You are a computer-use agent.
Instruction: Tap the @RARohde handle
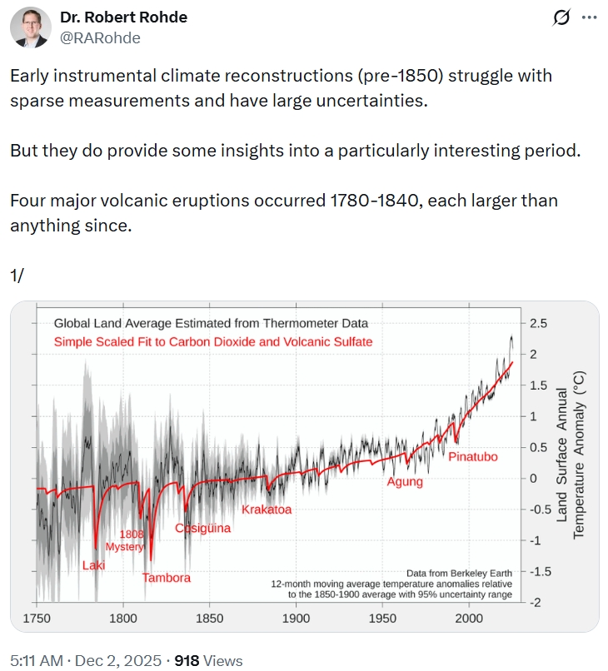tap(100, 37)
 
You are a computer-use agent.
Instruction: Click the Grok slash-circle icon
tap(561, 17)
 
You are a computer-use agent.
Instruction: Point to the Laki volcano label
tap(93, 566)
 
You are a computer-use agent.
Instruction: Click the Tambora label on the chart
tap(166, 578)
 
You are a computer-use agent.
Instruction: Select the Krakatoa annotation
tap(267, 509)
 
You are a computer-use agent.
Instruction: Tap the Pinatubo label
tap(474, 457)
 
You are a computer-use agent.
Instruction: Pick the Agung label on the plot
tap(405, 482)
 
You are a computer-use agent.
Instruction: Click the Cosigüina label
tap(202, 528)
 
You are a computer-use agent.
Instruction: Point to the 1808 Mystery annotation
tap(125, 540)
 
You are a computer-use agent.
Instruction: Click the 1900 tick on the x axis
tap(296, 619)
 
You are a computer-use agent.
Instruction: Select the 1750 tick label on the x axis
tap(37, 619)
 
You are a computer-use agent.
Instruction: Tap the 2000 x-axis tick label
tap(469, 619)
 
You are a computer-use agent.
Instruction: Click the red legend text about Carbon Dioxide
tap(213, 341)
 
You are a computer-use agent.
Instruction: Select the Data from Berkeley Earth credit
tap(459, 573)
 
